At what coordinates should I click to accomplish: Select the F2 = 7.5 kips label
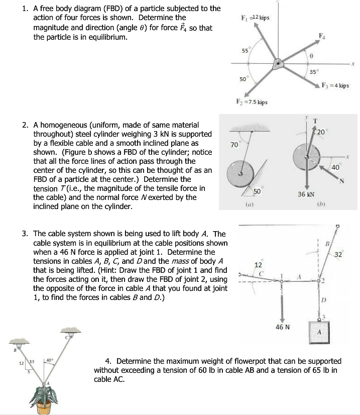(x=256, y=102)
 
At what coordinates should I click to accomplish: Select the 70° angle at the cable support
(x=234, y=145)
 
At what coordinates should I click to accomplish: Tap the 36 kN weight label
(x=306, y=194)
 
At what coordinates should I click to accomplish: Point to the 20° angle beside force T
(x=321, y=132)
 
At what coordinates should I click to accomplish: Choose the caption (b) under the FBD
(x=319, y=205)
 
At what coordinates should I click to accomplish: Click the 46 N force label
(x=283, y=327)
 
